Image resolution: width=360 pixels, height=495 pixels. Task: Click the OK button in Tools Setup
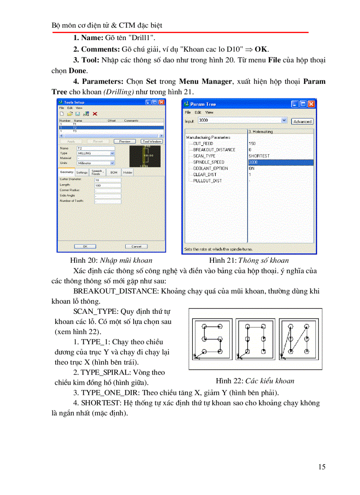[x=85, y=246]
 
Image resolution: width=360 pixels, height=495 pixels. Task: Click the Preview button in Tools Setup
[x=124, y=141]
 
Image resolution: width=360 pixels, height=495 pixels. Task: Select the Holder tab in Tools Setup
[x=127, y=172]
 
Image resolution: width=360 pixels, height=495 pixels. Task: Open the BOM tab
[x=113, y=172]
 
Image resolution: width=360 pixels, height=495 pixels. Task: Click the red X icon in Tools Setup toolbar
[x=95, y=114]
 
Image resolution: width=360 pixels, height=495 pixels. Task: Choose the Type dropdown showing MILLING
[x=96, y=153]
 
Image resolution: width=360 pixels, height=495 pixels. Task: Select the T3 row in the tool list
[x=75, y=131]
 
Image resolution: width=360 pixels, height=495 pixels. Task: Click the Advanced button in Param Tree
[x=302, y=121]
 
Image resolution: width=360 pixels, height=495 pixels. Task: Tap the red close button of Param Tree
[x=311, y=104]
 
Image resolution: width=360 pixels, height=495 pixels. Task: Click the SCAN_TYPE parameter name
[x=204, y=156]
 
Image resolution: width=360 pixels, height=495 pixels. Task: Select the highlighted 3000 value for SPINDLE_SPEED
[x=280, y=162]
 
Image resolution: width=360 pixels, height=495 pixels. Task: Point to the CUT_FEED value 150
[x=252, y=144]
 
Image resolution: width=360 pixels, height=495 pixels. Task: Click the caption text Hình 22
[x=226, y=381]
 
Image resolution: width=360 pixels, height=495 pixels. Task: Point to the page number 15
[x=322, y=467]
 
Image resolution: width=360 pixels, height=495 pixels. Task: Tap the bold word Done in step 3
[x=78, y=70]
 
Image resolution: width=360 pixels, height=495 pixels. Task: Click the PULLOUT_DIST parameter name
[x=207, y=181]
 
